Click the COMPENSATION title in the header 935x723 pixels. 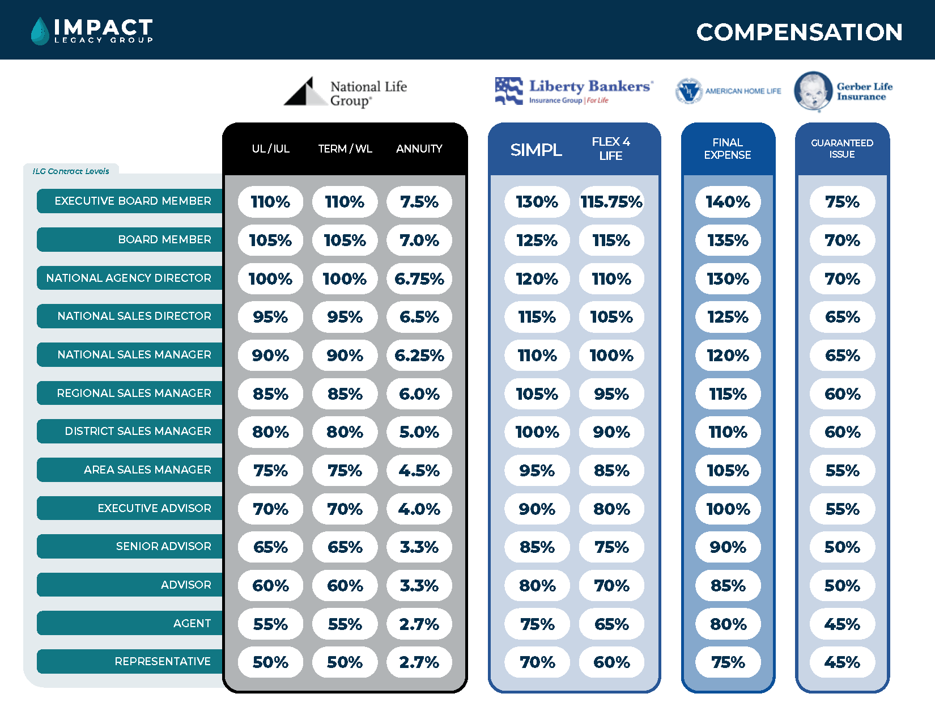click(x=799, y=32)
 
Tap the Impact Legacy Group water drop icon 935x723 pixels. click(x=40, y=31)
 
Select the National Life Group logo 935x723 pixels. click(x=345, y=92)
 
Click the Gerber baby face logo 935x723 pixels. click(x=813, y=91)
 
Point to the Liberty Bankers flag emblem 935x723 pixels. click(x=508, y=91)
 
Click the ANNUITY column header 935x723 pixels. click(x=419, y=149)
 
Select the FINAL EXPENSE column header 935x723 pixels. click(x=728, y=149)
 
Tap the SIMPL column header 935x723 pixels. click(x=536, y=150)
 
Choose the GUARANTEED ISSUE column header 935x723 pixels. click(x=842, y=149)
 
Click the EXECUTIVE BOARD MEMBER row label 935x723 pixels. click(x=133, y=201)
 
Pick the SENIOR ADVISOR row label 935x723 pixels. click(x=163, y=546)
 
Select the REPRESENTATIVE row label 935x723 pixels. click(x=163, y=661)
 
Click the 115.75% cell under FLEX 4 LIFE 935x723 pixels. click(x=611, y=202)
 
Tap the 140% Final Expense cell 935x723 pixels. click(x=728, y=202)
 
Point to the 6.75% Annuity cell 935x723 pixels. click(x=419, y=279)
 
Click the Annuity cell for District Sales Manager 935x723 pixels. click(x=419, y=432)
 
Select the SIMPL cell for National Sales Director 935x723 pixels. click(x=537, y=317)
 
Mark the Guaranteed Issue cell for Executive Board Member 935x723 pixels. click(x=842, y=202)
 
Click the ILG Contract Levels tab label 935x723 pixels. click(x=71, y=171)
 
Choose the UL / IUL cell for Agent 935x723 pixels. click(x=270, y=624)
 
